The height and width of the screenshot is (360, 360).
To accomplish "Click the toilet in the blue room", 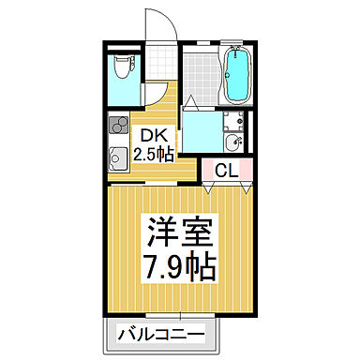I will tap(121, 67).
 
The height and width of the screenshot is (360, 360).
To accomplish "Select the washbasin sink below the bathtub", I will tap(233, 142).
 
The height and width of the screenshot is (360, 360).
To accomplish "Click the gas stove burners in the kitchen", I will tap(118, 126).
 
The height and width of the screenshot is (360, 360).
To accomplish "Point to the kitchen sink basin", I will tap(118, 157).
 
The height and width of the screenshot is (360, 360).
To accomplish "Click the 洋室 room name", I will tap(178, 231).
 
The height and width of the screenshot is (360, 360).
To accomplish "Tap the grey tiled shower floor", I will tap(199, 77).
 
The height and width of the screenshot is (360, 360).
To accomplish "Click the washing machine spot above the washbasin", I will tap(235, 120).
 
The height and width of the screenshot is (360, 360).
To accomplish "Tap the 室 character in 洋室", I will tap(197, 231).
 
